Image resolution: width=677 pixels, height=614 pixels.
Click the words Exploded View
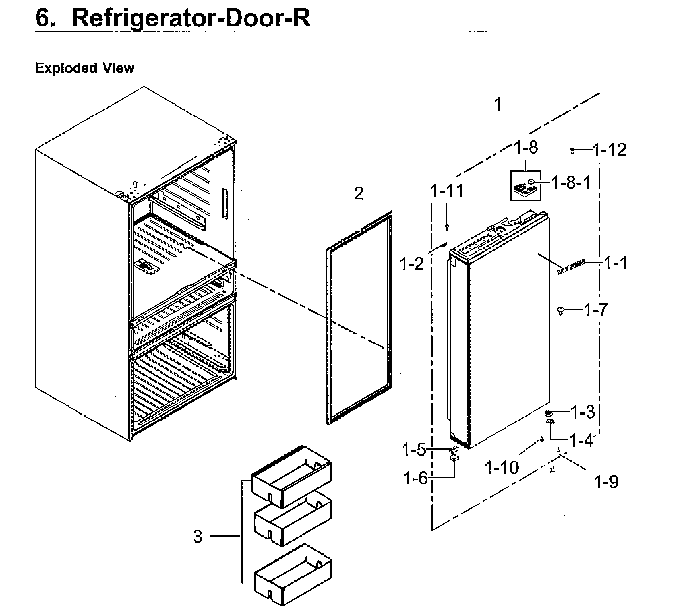[x=85, y=68]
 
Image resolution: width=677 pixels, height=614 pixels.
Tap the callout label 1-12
[x=609, y=150]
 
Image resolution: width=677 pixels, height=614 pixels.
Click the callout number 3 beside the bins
[x=198, y=537]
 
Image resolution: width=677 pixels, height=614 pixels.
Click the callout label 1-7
[x=595, y=310]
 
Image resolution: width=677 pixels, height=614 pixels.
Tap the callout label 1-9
[x=606, y=482]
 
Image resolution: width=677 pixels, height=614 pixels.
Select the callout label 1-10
[x=502, y=467]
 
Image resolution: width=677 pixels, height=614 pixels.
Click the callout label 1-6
[x=415, y=478]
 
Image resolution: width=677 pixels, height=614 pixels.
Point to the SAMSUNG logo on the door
[x=571, y=267]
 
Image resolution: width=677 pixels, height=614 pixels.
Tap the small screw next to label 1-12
[x=573, y=150]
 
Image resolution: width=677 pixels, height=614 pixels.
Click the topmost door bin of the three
[x=291, y=477]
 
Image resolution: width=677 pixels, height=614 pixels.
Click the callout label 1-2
[x=412, y=263]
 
